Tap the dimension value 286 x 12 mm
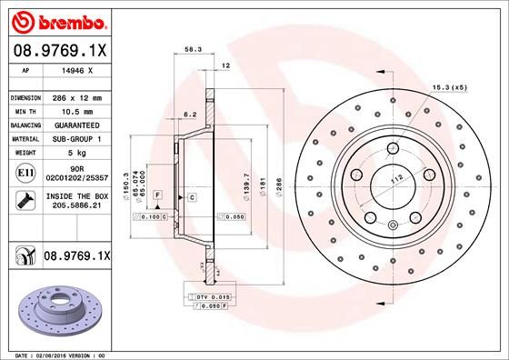(x=79, y=96)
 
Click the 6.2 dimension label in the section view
(x=190, y=115)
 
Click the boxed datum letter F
(x=157, y=195)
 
